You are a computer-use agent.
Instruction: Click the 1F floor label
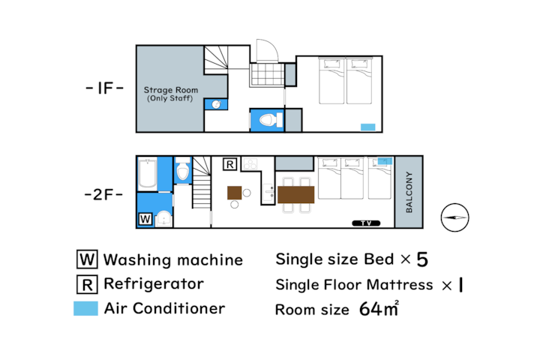pyautogui.click(x=104, y=88)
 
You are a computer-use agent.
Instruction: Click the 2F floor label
pyautogui.click(x=103, y=195)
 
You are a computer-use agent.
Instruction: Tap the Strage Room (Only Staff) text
pyautogui.click(x=170, y=94)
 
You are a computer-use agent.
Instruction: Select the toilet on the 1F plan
pyautogui.click(x=271, y=120)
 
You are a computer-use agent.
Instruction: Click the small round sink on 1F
pyautogui.click(x=216, y=104)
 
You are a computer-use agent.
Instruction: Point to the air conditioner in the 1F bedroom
pyautogui.click(x=367, y=127)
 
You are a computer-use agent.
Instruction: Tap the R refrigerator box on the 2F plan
pyautogui.click(x=229, y=164)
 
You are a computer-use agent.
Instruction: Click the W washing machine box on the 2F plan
pyautogui.click(x=145, y=219)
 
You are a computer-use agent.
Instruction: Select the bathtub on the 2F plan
pyautogui.click(x=148, y=173)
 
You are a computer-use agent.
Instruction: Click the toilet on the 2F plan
pyautogui.click(x=182, y=169)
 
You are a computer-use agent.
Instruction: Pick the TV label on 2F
pyautogui.click(x=366, y=223)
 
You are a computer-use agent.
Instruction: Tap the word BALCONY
pyautogui.click(x=409, y=192)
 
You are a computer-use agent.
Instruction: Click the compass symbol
pyautogui.click(x=454, y=217)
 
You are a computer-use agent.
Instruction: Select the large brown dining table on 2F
pyautogui.click(x=295, y=194)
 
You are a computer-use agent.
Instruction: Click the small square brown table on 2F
pyautogui.click(x=234, y=193)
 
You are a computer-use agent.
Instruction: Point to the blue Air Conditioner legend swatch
pyautogui.click(x=85, y=308)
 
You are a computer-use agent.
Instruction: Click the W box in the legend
pyautogui.click(x=87, y=259)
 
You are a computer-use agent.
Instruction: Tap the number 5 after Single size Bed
pyautogui.click(x=422, y=259)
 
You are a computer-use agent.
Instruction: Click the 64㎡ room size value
pyautogui.click(x=379, y=308)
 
